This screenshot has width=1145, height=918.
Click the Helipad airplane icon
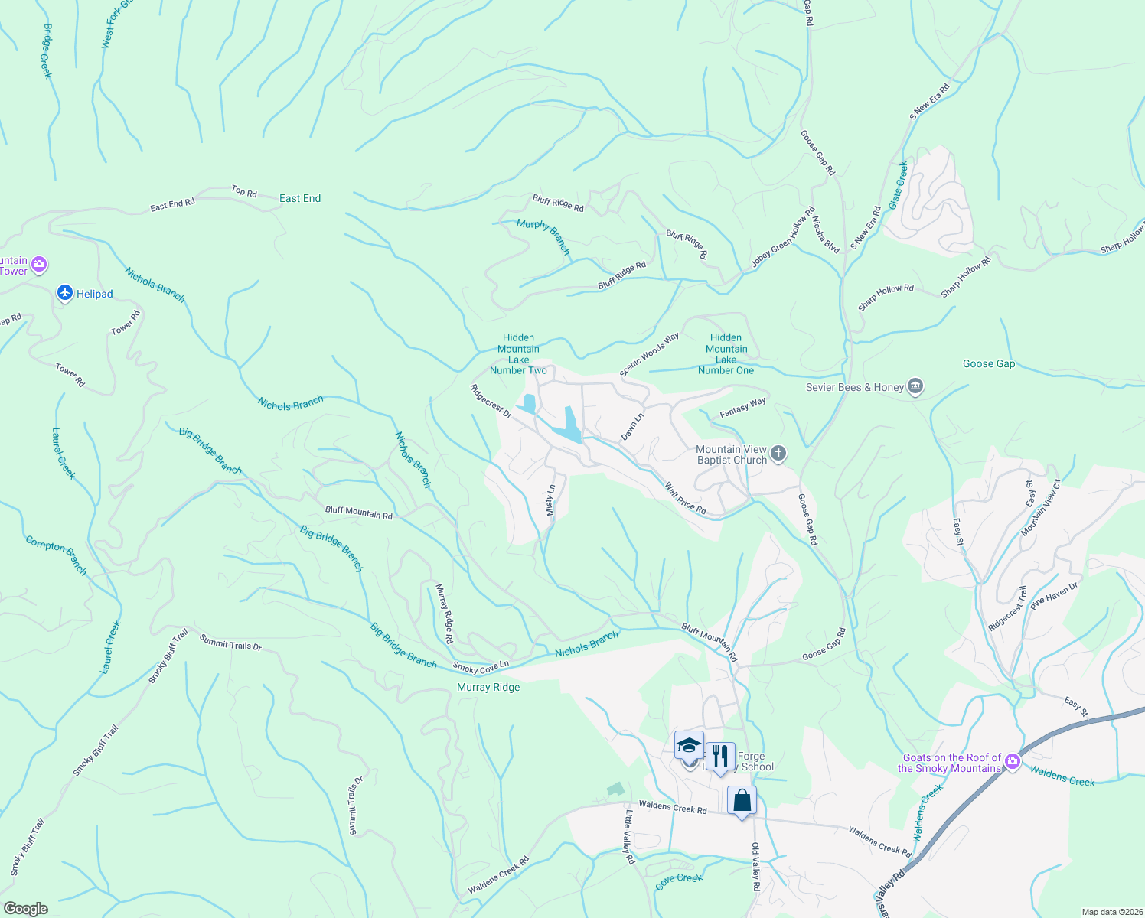[65, 293]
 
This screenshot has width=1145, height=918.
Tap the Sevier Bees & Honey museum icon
[915, 386]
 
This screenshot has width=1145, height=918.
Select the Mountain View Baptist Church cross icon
[778, 454]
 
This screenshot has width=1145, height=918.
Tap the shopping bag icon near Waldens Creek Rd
[742, 800]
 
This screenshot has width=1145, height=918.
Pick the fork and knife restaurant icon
[719, 757]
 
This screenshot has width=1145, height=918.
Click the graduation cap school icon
[689, 745]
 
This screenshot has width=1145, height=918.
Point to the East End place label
[300, 198]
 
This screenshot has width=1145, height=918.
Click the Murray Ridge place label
[488, 687]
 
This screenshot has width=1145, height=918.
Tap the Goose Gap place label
[989, 363]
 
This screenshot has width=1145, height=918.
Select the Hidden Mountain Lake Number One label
[726, 353]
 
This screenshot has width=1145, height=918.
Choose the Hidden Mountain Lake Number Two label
[518, 353]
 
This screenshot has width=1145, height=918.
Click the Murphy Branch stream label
[543, 236]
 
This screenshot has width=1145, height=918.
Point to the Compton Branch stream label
[57, 555]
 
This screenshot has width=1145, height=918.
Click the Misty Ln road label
[550, 500]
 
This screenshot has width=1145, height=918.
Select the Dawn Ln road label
[632, 427]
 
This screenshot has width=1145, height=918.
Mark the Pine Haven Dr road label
[1054, 595]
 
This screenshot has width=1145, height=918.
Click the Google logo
[25, 909]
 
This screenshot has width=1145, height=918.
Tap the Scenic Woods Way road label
[649, 354]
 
